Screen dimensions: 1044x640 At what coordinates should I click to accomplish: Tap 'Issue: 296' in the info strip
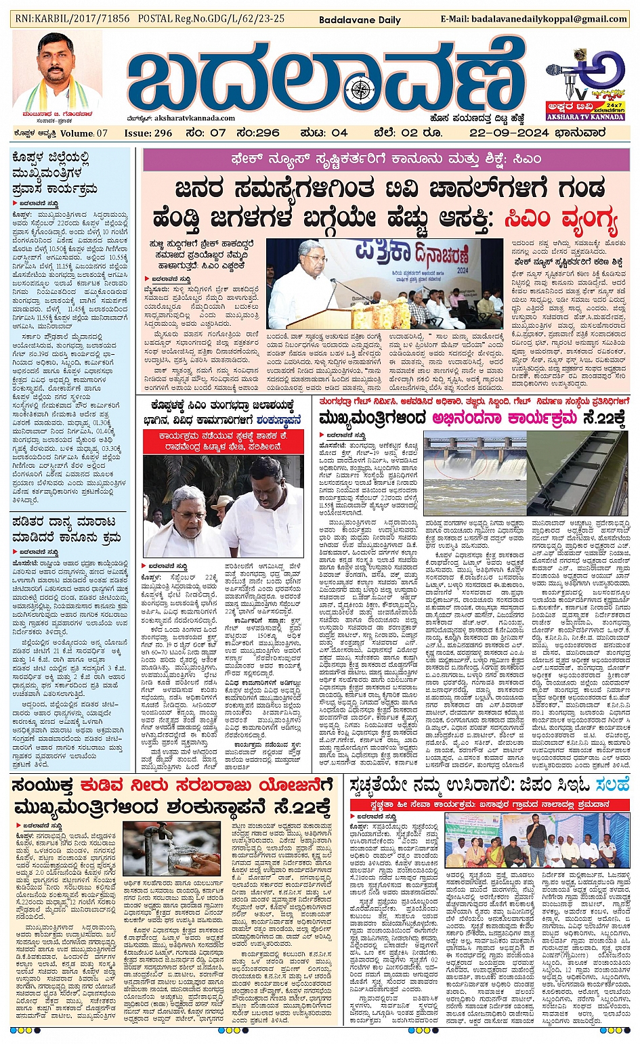[148, 133]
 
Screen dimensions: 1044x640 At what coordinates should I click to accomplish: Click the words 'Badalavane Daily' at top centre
[360, 20]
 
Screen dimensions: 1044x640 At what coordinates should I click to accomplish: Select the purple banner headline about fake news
[385, 160]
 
